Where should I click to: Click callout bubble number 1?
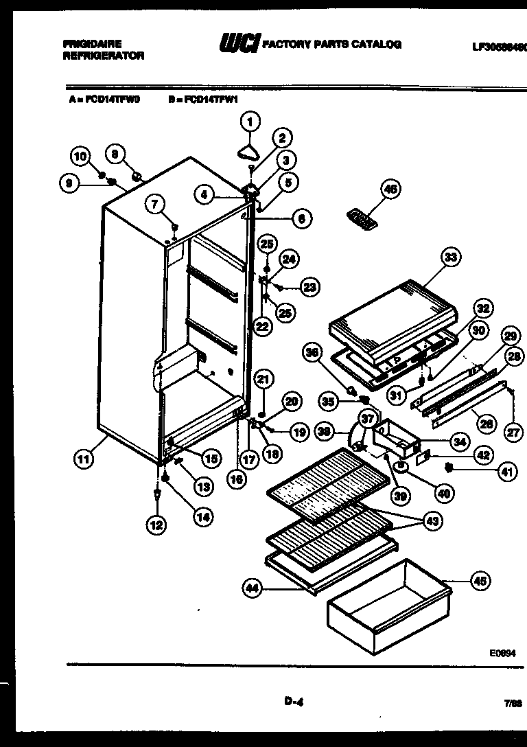point(250,122)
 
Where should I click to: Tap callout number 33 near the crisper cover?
point(450,257)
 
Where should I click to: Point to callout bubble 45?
point(480,581)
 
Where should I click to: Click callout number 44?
point(253,587)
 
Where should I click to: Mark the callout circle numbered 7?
point(156,203)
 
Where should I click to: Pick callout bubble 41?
point(506,471)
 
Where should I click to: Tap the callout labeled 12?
point(156,525)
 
